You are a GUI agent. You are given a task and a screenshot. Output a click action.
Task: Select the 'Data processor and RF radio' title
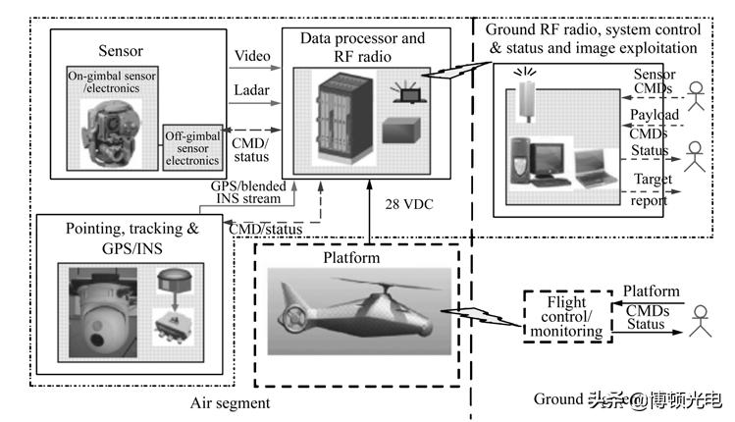pyautogui.click(x=364, y=46)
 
